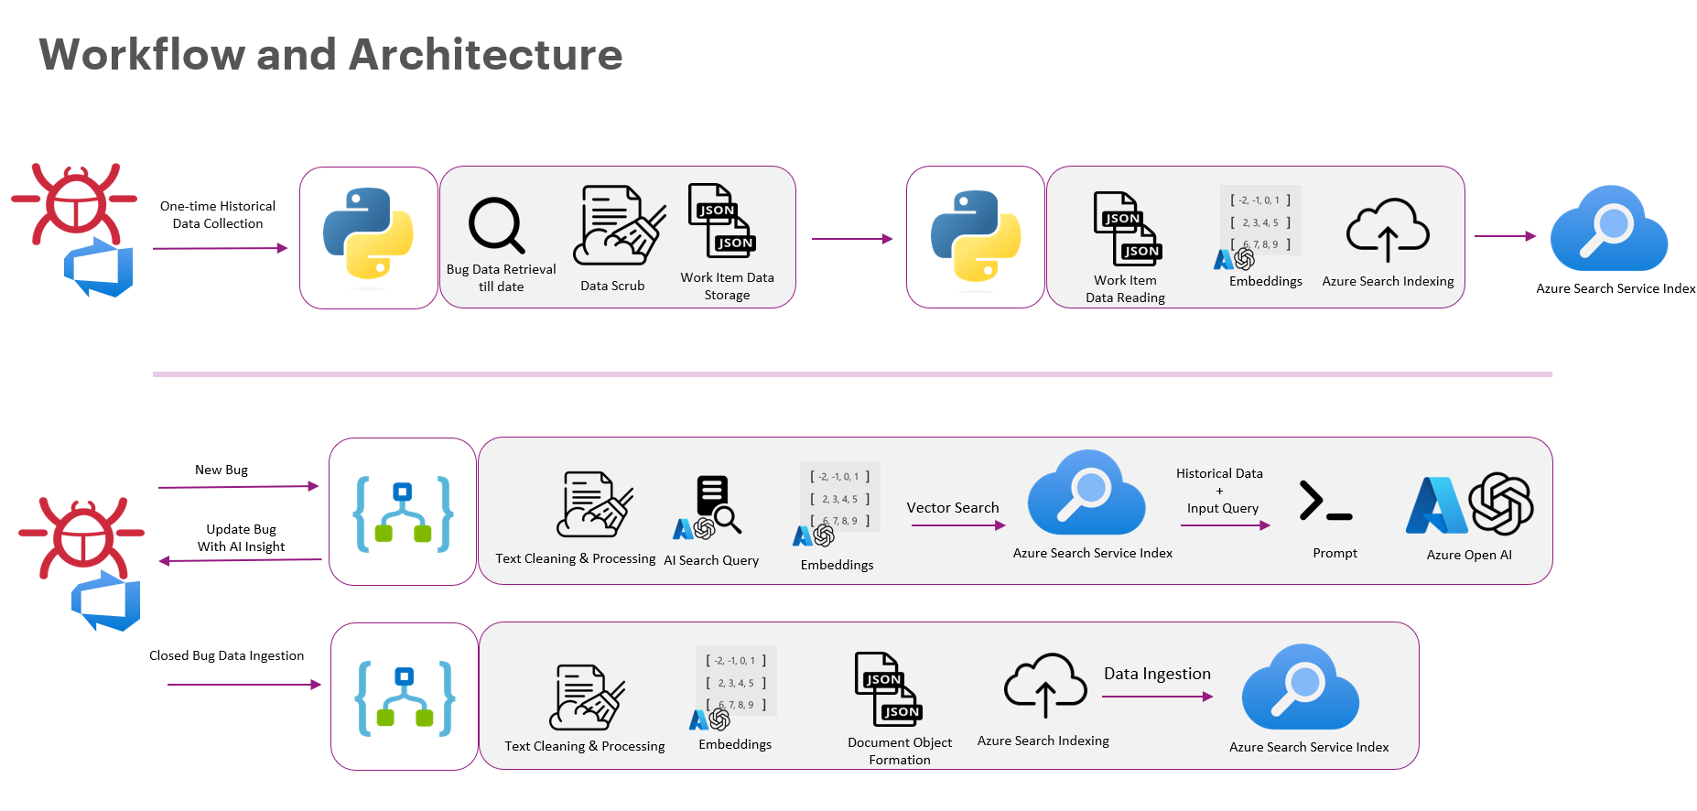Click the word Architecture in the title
click(x=485, y=55)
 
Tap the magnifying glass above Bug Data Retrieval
click(x=496, y=224)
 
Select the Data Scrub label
click(x=612, y=286)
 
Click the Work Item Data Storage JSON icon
click(x=722, y=221)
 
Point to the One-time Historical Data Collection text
click(x=218, y=215)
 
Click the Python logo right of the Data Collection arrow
click(x=368, y=233)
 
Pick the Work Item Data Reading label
click(x=1125, y=289)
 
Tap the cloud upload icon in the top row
click(x=1388, y=231)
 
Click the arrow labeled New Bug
click(x=238, y=487)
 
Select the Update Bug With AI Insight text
click(x=241, y=538)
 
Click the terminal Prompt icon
click(x=1325, y=503)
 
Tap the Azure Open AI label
click(x=1469, y=555)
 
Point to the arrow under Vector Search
click(x=958, y=525)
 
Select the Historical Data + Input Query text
click(x=1220, y=491)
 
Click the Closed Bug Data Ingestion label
click(x=226, y=655)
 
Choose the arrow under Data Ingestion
click(x=1157, y=697)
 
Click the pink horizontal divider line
click(x=851, y=374)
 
